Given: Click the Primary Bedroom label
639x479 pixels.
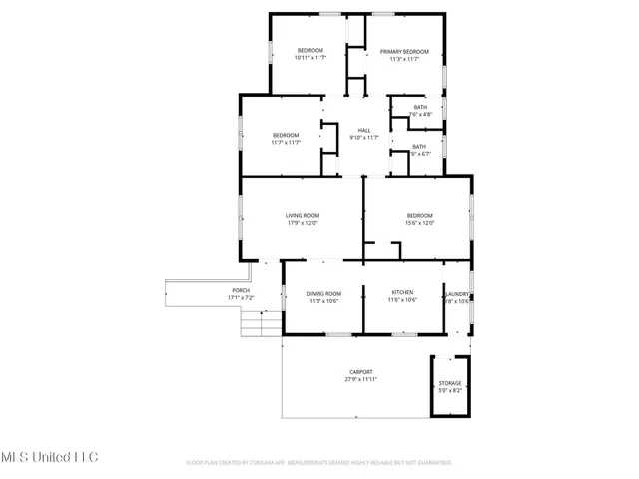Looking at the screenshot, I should [x=404, y=51].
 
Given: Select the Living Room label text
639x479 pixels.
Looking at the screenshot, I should [x=302, y=215].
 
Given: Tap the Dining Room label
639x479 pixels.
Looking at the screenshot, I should [x=324, y=293].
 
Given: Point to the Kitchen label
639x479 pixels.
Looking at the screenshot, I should [x=403, y=293].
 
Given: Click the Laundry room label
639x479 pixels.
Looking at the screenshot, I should [x=458, y=294].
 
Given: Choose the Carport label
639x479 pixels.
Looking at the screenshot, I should [x=360, y=371].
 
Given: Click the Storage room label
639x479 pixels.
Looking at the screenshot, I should [x=450, y=383].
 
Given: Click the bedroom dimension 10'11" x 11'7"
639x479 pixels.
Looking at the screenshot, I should [x=310, y=59].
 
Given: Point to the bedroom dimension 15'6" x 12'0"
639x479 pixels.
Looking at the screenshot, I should [x=419, y=223].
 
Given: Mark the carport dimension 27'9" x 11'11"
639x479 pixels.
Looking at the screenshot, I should [x=360, y=379].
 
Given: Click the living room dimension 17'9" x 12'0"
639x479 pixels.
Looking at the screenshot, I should [x=302, y=223].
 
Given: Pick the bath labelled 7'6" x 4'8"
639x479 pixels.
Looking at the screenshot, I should [x=420, y=115].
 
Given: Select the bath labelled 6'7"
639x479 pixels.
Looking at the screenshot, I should [x=419, y=154].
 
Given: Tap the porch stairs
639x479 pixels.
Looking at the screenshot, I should [x=258, y=323].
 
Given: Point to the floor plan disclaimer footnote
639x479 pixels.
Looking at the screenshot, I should [x=319, y=463].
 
